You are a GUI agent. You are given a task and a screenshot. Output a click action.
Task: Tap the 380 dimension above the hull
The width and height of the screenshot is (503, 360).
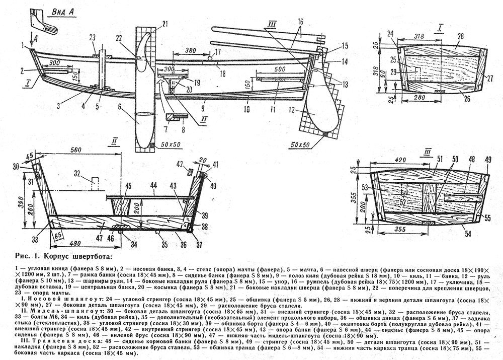tap(191, 51)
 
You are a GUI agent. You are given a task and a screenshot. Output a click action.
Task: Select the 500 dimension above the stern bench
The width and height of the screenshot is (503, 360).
tap(276, 69)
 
